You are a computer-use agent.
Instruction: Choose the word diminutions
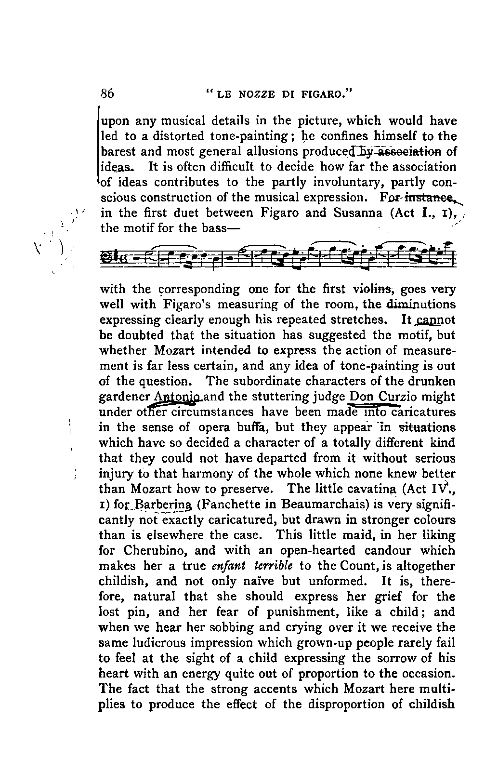tap(421, 305)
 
